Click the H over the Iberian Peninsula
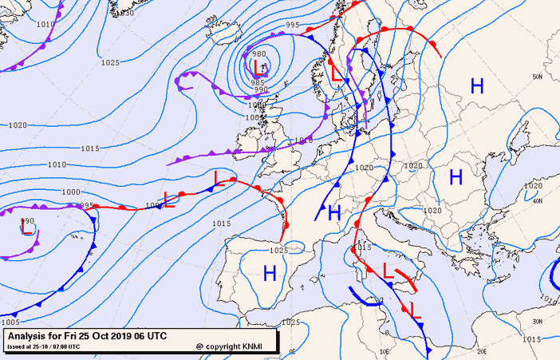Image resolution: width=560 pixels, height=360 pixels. coord(270,273)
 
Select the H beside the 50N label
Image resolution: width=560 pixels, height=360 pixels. coord(477,85)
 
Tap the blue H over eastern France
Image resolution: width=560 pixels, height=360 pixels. coord(334,212)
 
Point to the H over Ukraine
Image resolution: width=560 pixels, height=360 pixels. coord(455,176)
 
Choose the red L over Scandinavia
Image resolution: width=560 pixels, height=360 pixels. coord(337,73)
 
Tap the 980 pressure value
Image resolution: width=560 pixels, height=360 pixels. coord(259,54)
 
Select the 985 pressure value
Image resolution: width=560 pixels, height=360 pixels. coord(257,82)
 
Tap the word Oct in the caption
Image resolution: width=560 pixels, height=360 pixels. coord(96,336)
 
